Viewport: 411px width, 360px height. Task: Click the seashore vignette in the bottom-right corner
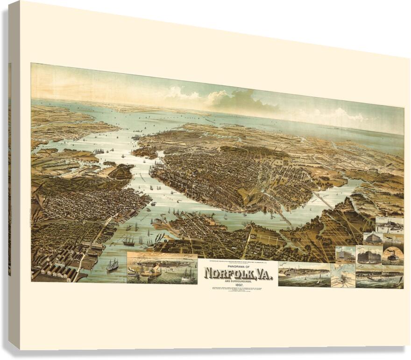(x=379, y=277)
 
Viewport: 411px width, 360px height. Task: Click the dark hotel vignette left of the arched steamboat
(x=369, y=255)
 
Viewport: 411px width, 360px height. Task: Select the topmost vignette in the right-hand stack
(x=390, y=225)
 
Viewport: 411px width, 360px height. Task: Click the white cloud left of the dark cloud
(x=182, y=93)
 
